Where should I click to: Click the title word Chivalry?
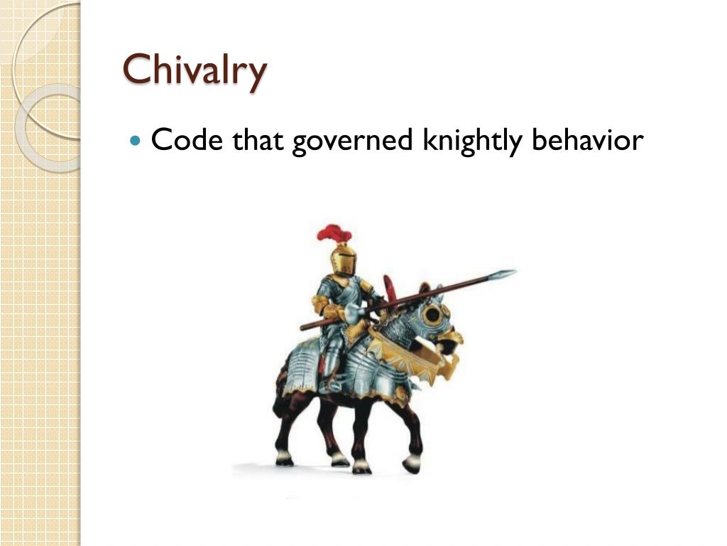[x=195, y=70]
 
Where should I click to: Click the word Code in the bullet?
[x=187, y=140]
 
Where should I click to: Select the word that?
[x=259, y=140]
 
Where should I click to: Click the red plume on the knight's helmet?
[x=334, y=233]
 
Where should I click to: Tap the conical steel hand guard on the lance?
[x=354, y=311]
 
